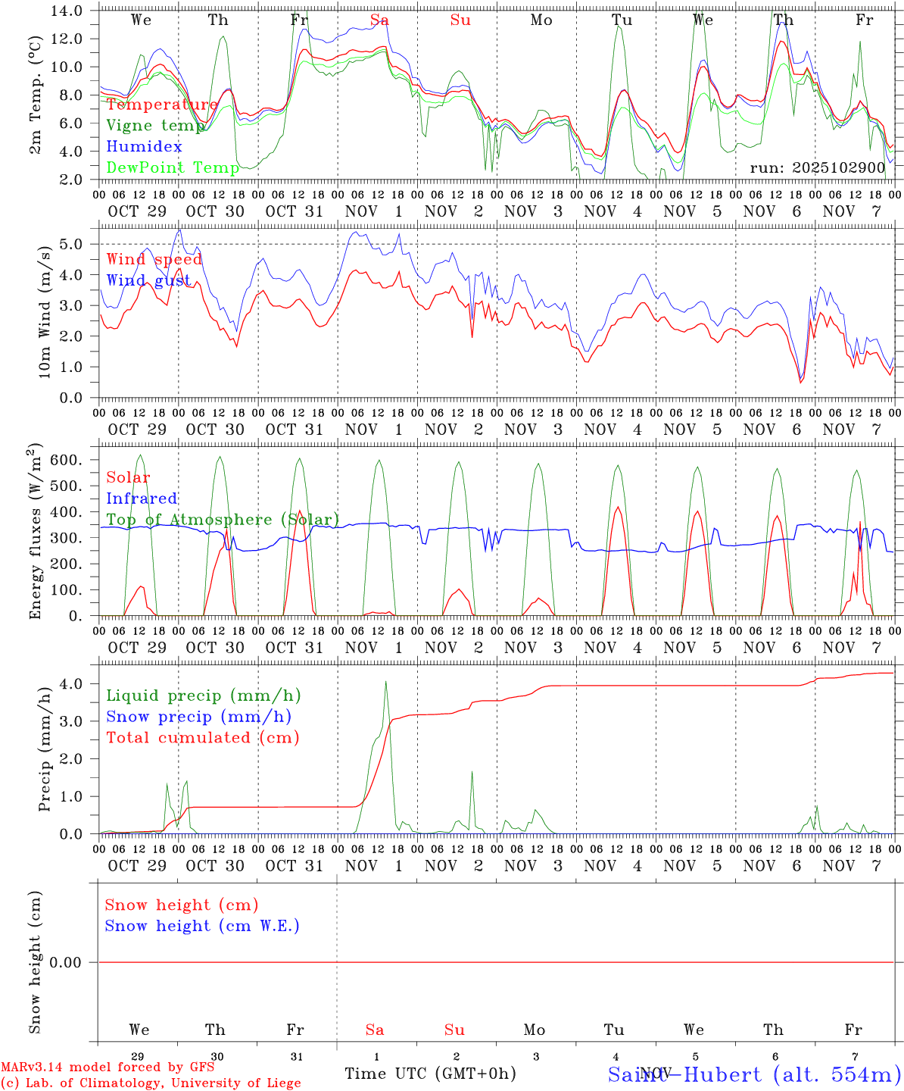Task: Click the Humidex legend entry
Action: [144, 146]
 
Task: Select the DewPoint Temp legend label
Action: [173, 167]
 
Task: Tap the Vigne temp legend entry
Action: [155, 125]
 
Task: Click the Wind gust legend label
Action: [148, 280]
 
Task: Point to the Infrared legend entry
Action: [142, 499]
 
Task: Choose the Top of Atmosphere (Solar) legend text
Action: [222, 520]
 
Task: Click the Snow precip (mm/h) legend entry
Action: [198, 717]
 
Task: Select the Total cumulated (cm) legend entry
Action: [202, 738]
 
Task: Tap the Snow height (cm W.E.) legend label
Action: [201, 926]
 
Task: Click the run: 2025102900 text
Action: [817, 167]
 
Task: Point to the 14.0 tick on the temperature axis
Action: [69, 11]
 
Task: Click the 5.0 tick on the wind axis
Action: [74, 244]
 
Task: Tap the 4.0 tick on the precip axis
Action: [74, 683]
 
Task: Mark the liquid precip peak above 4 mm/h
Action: [385, 682]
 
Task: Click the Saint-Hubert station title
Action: [754, 1074]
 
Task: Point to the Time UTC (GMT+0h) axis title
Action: [430, 1074]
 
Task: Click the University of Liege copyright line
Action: [151, 1083]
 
